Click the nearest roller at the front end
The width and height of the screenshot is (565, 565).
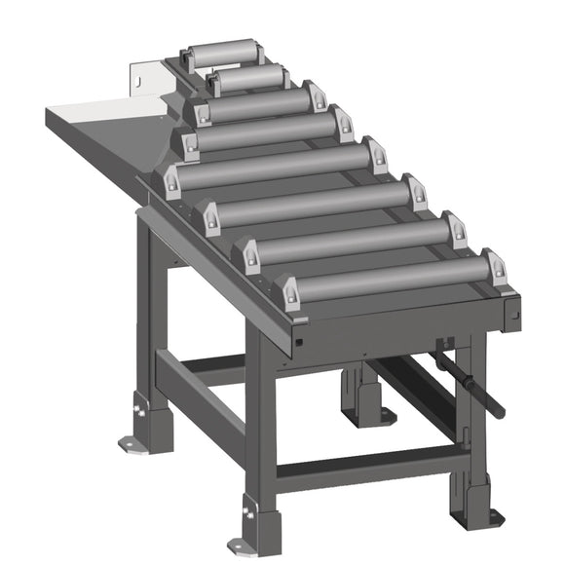tap(390, 281)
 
